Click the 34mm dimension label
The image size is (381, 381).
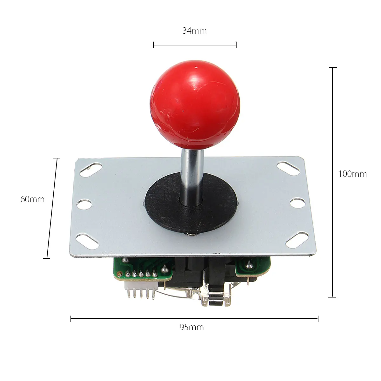(194, 31)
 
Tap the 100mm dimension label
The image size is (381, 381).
(352, 174)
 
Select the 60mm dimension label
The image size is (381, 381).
(32, 199)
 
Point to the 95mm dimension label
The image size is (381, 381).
(191, 327)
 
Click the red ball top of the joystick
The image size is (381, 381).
(195, 105)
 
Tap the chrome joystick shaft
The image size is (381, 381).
(192, 177)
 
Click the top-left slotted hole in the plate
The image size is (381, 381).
(91, 170)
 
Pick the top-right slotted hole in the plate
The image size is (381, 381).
(288, 169)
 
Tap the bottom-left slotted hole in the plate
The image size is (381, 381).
(87, 242)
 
